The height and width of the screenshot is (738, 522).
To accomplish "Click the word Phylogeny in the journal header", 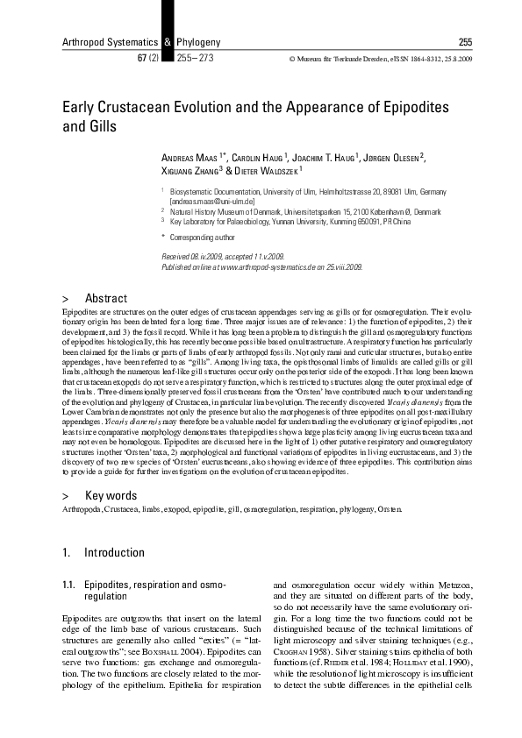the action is point(197,42).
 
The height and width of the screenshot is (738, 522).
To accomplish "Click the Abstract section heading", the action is point(105,298).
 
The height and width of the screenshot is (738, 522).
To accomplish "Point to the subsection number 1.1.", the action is point(69,584).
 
